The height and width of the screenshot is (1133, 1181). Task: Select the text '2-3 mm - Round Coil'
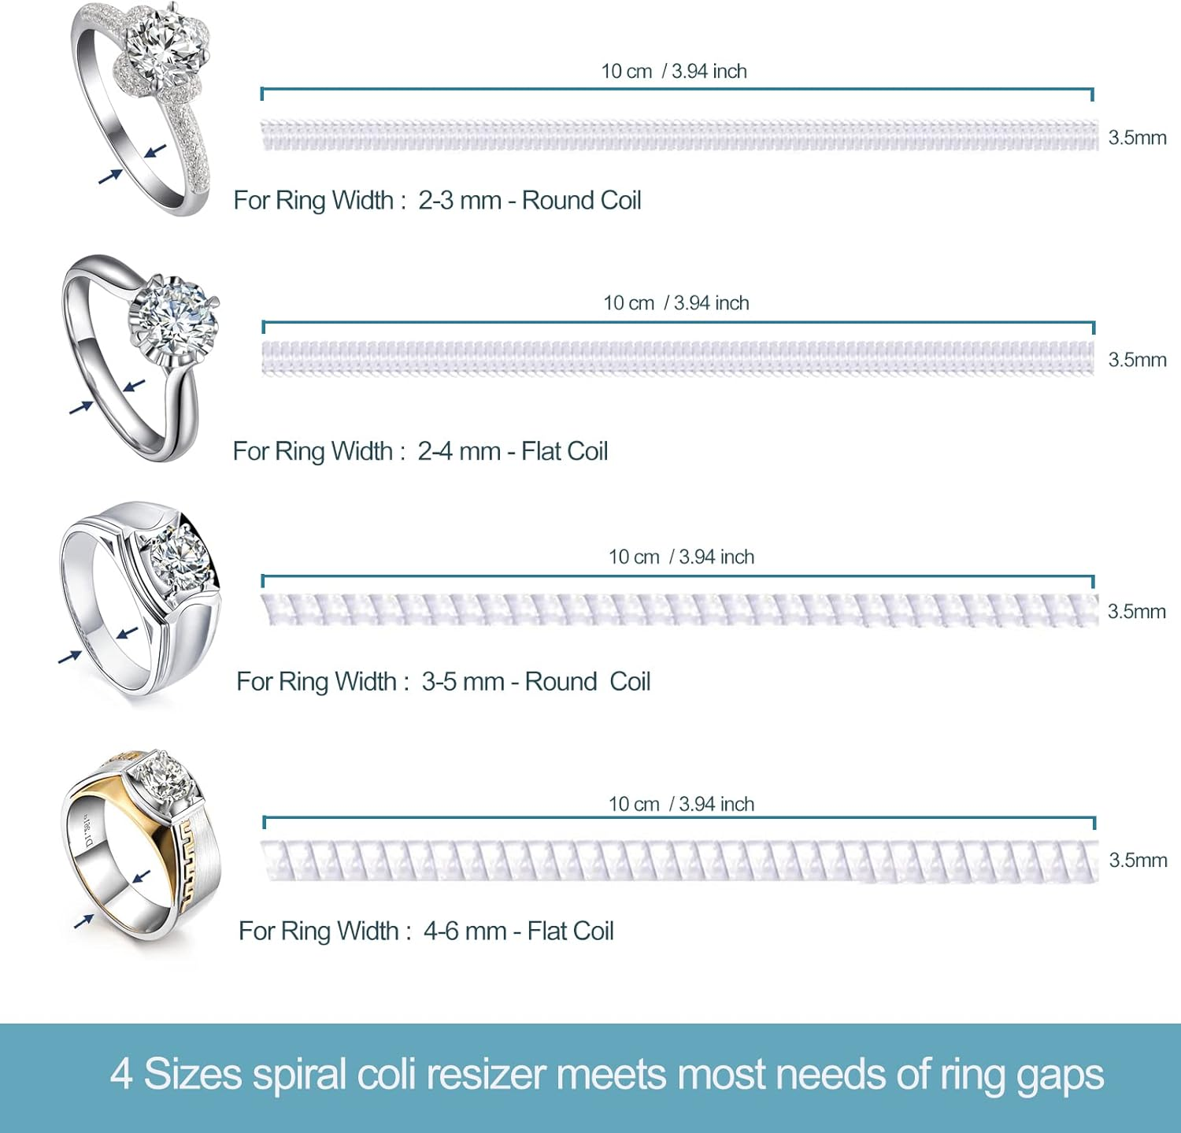coord(529,201)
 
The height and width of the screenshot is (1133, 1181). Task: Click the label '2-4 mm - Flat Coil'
coord(512,451)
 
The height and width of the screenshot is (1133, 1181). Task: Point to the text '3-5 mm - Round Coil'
coord(535,682)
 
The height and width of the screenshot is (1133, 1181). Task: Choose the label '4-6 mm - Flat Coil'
coord(518,931)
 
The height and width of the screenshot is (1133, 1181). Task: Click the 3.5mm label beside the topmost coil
coord(1137,138)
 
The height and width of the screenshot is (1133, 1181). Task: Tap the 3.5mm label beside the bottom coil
coord(1138,860)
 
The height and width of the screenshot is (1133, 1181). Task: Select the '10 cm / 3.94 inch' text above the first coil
coord(674,72)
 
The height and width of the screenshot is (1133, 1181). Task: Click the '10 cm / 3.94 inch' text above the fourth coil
coord(681,804)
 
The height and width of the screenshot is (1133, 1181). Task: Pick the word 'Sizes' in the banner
coord(193,1075)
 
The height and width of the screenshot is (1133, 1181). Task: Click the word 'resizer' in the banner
coord(493,1075)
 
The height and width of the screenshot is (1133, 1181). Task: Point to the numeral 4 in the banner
coord(120,1075)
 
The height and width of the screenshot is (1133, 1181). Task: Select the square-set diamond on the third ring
coord(180,557)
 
